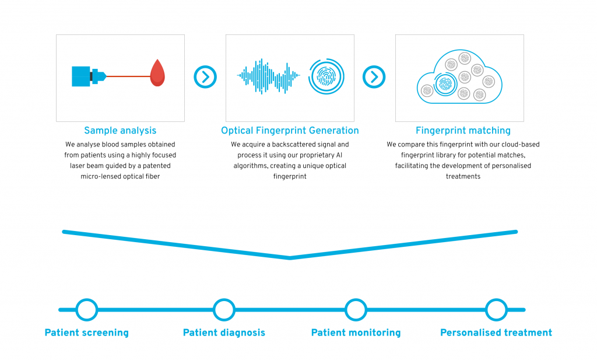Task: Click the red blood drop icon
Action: (157, 73)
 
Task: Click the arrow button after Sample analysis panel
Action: (205, 77)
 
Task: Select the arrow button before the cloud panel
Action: (374, 77)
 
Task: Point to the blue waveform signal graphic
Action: (268, 76)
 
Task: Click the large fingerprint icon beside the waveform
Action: (326, 76)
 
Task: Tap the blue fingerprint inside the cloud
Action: (445, 84)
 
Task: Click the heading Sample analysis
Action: (120, 131)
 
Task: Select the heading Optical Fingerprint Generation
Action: (290, 131)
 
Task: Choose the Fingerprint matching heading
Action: (463, 131)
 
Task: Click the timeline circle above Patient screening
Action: (87, 310)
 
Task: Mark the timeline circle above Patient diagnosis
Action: (224, 310)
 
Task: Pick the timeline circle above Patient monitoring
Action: (356, 310)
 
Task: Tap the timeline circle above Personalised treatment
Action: (496, 310)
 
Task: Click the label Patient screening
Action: (87, 333)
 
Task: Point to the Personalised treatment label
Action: (496, 333)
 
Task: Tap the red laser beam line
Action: (128, 76)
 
